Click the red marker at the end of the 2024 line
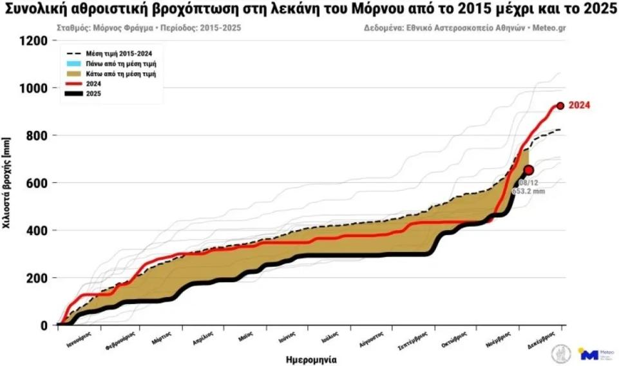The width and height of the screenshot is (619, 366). [x=560, y=106]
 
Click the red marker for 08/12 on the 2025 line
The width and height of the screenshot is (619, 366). [x=529, y=170]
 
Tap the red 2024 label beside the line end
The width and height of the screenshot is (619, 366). [x=579, y=106]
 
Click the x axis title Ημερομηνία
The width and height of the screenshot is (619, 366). [x=311, y=359]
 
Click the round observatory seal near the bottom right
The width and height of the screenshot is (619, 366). [x=560, y=353]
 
